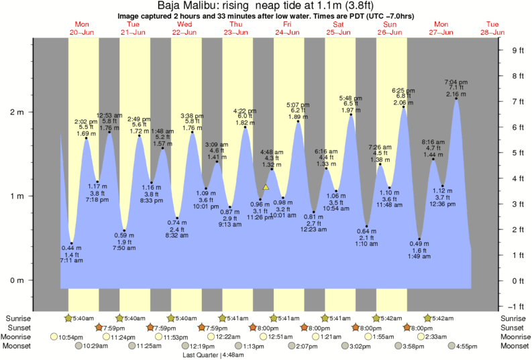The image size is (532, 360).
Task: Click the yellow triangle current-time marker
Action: pos(266,188)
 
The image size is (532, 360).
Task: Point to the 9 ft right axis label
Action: pos(517,50)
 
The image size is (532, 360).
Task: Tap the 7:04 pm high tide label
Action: pos(456,82)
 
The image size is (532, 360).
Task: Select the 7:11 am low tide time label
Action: pos(70,260)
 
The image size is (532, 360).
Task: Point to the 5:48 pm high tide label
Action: pos(352,98)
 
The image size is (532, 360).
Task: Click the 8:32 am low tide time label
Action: pos(177,236)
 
